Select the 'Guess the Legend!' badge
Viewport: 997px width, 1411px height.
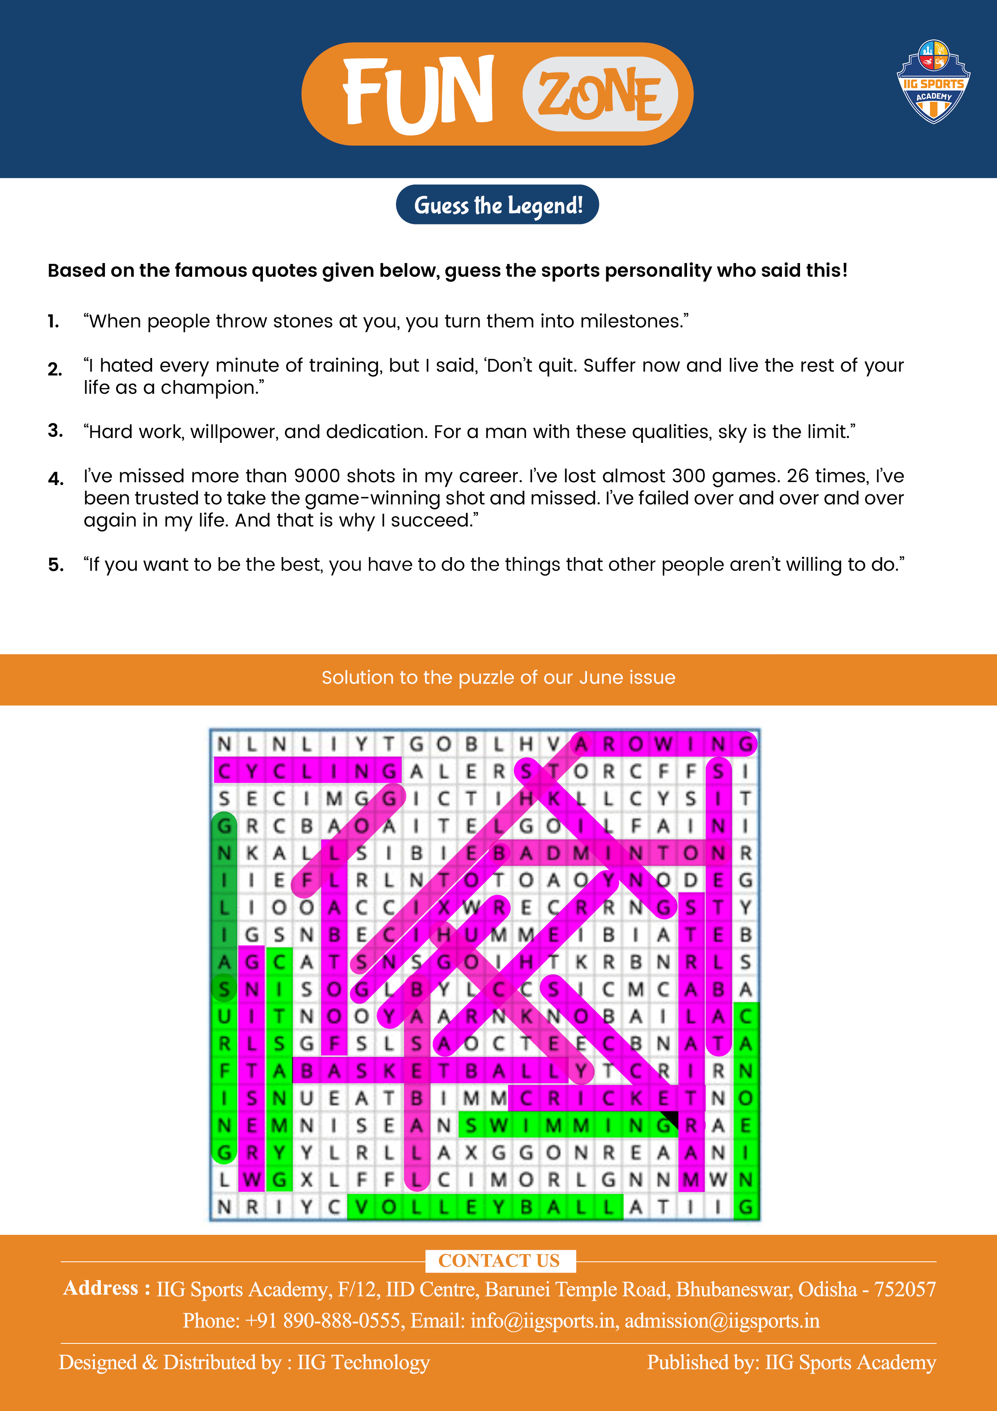click(x=498, y=205)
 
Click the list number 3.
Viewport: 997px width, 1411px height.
click(x=55, y=431)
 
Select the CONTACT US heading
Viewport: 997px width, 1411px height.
click(x=499, y=1261)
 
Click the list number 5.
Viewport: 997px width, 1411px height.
click(x=55, y=565)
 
